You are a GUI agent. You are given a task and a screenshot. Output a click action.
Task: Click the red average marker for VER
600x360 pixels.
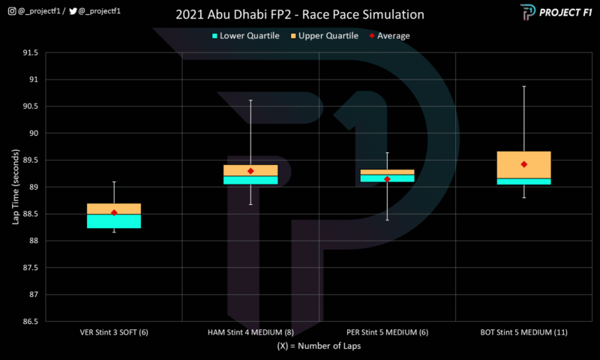(114, 212)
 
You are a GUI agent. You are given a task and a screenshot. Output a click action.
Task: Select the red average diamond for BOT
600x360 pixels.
(524, 164)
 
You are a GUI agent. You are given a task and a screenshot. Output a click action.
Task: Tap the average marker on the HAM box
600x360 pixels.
(250, 171)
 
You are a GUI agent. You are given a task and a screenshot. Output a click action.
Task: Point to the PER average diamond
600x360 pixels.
(387, 179)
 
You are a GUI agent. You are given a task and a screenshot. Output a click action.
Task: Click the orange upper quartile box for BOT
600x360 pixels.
(524, 164)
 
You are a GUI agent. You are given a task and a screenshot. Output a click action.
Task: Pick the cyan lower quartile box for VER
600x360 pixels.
(114, 221)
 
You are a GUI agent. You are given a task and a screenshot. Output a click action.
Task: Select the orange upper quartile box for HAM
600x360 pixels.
(250, 169)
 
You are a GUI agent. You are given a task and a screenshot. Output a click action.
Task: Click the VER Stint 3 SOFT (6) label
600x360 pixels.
(114, 331)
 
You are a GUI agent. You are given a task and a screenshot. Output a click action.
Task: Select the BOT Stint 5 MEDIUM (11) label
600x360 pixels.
(524, 331)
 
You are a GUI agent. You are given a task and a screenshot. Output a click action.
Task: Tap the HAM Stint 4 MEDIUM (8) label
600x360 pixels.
(250, 331)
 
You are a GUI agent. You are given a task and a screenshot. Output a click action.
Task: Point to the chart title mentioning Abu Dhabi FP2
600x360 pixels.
(300, 14)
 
